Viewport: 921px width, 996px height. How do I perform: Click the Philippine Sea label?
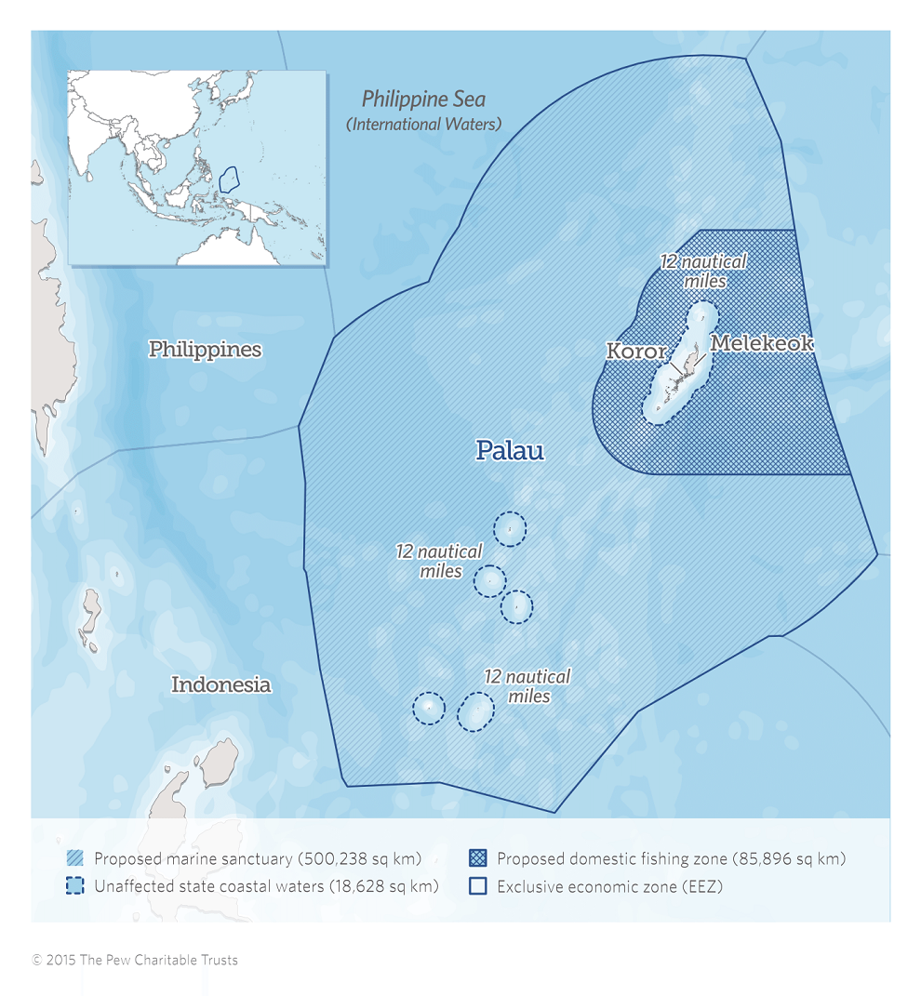[423, 99]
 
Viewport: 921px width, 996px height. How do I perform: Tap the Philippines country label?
[205, 350]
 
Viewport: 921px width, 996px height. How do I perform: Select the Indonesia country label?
[220, 684]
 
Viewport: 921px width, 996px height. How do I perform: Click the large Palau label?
[509, 451]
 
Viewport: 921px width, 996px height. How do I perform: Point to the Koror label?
[636, 352]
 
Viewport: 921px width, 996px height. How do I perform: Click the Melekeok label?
[762, 343]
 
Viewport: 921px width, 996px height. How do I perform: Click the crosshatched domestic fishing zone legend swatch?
[478, 858]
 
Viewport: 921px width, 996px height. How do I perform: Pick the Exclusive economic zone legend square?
[478, 886]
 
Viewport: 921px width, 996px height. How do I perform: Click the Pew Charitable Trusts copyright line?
[135, 960]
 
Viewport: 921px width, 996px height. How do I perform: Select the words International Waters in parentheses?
[423, 124]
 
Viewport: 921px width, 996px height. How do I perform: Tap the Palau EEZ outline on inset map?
[234, 177]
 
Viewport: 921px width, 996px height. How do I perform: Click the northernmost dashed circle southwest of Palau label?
[509, 528]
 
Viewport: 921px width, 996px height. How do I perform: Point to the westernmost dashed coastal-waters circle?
[429, 709]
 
